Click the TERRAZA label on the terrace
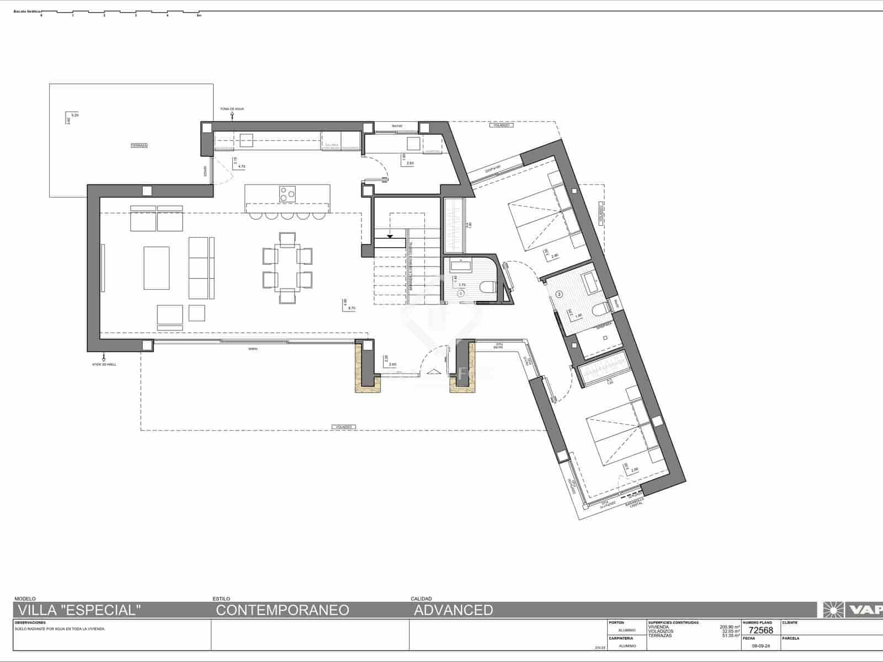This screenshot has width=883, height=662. click(x=139, y=146)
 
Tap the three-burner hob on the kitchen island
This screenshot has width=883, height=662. click(x=286, y=194)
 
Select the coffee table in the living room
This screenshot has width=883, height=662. click(x=157, y=268)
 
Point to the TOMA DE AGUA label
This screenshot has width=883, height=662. click(x=232, y=109)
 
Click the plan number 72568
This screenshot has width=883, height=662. click(x=760, y=630)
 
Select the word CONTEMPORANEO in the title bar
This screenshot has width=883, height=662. click(x=282, y=610)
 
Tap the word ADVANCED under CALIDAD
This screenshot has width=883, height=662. click(x=453, y=610)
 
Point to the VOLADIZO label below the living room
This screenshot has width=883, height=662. click(x=343, y=427)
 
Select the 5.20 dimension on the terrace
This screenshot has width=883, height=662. click(x=75, y=115)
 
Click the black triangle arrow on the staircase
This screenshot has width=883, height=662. click(x=390, y=236)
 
